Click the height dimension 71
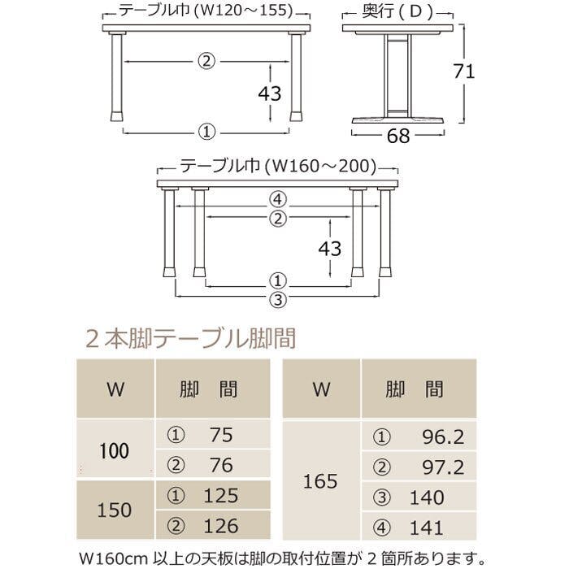click(464, 72)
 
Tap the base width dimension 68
click(398, 136)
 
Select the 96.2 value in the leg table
click(443, 437)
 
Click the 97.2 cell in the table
click(443, 467)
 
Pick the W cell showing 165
click(320, 481)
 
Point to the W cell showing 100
click(115, 451)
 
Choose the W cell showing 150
click(115, 510)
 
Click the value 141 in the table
click(427, 528)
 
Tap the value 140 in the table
click(427, 497)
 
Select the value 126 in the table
click(221, 526)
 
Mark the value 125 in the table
click(221, 496)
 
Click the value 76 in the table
click(221, 465)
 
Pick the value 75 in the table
click(221, 435)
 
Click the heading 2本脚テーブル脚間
click(191, 339)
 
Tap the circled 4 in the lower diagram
click(278, 199)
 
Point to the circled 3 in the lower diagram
click(278, 300)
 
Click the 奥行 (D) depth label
click(398, 11)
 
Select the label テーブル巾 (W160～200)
click(278, 167)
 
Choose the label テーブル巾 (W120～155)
click(206, 11)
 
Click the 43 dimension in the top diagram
click(270, 93)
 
